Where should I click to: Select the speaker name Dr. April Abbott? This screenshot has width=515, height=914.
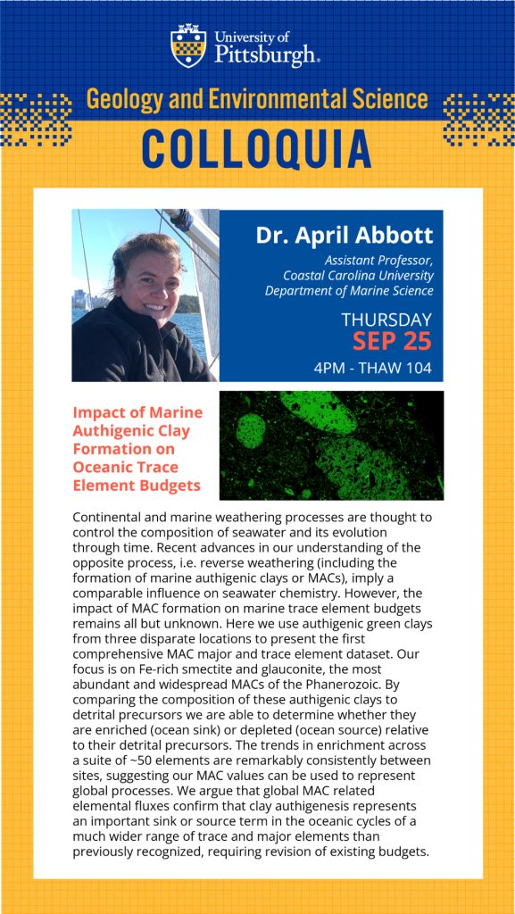click(x=345, y=236)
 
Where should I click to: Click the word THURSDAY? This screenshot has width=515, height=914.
click(x=386, y=320)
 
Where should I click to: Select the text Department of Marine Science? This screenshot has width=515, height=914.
click(x=350, y=290)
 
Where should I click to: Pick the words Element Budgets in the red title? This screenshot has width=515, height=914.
click(x=137, y=486)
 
